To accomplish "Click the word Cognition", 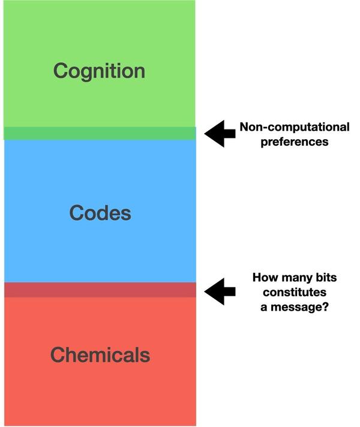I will (99, 71).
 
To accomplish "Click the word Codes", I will (100, 213).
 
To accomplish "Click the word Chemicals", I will (100, 354).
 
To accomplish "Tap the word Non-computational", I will (294, 127).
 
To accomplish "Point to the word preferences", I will (294, 142).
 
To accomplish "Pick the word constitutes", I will (293, 293).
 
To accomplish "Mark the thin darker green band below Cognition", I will (100, 133).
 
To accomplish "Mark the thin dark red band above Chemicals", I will (100, 290).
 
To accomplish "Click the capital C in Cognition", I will (60, 71).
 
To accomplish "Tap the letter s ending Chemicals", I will (145, 356).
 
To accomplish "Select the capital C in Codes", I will (76, 213).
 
